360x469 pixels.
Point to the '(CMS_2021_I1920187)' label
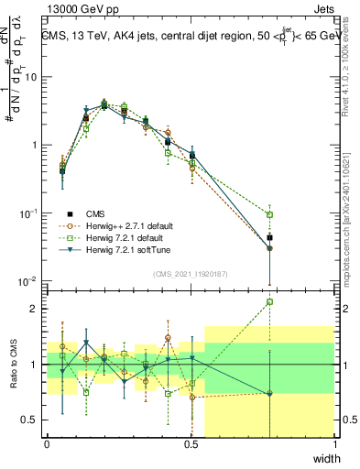coord(191,274)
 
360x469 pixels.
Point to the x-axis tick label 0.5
coord(191,445)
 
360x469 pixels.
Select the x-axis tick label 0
coord(47,445)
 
